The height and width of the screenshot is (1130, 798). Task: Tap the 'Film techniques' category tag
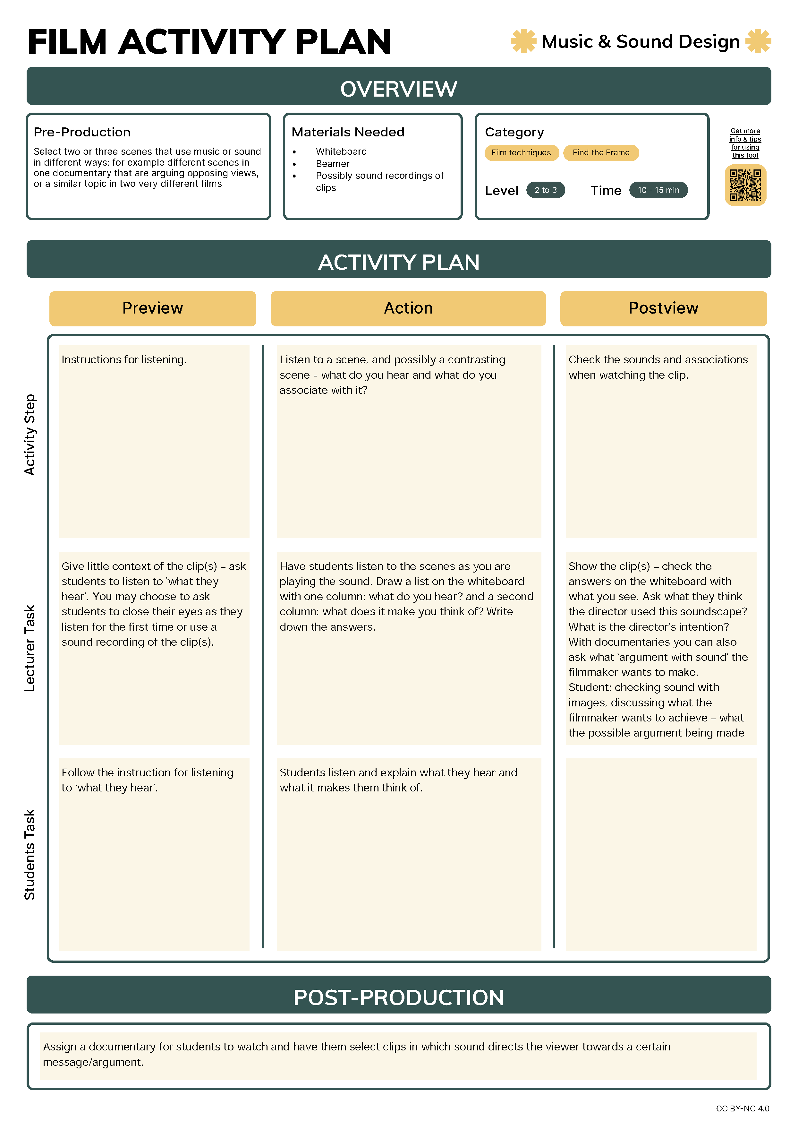pos(521,152)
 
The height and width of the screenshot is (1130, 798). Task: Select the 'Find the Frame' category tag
pos(601,152)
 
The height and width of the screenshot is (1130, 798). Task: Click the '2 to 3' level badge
pos(546,190)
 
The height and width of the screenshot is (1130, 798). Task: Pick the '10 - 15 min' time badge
pos(658,190)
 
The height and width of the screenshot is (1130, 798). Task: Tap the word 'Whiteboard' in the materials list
pos(341,151)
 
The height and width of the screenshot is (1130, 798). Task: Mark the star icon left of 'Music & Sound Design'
pos(523,41)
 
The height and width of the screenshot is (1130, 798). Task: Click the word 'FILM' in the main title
pos(67,42)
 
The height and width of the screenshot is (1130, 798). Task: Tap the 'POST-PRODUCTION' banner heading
pos(398,997)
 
